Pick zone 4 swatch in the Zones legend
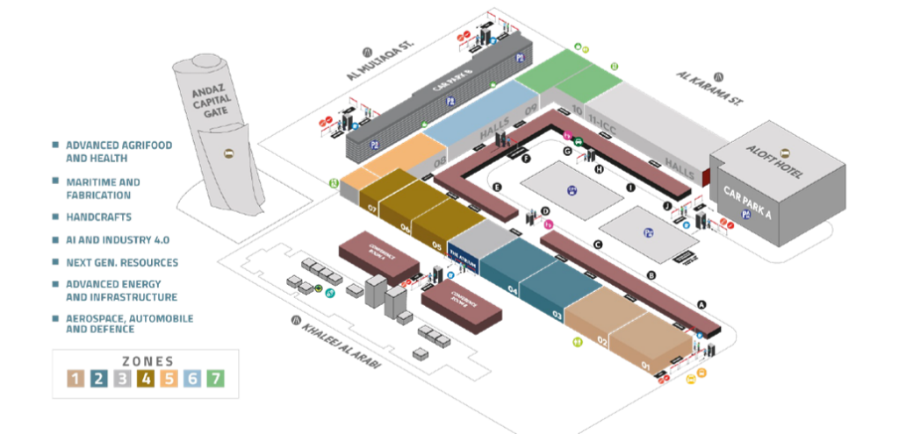coord(147,379)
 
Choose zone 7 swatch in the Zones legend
coord(216,379)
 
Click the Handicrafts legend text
coord(98,216)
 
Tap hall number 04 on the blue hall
coord(511,290)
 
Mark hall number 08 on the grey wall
coord(439,160)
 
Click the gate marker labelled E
coord(497,187)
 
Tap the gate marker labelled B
coord(651,276)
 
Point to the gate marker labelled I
coord(629,188)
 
